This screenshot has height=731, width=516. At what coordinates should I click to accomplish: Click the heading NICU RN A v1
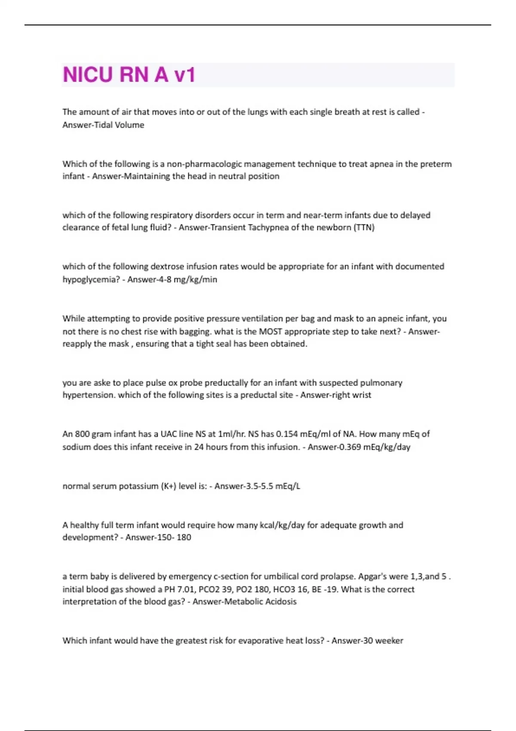coord(129,74)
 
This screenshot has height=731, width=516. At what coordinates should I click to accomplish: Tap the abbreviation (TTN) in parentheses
coord(364,227)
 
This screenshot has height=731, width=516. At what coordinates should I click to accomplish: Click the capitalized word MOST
coord(270,332)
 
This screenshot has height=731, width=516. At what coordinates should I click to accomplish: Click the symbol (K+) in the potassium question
coord(169,486)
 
